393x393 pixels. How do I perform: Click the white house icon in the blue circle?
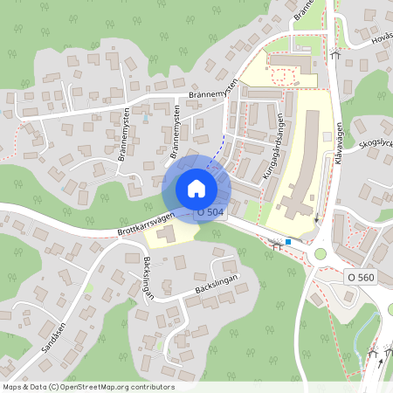196,189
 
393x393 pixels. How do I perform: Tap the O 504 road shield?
211,211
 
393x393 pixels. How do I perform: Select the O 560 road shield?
360,277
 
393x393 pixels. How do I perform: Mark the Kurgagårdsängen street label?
274,148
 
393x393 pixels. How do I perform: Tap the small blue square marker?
288,242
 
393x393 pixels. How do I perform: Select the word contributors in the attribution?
152,387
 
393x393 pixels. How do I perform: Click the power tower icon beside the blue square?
277,246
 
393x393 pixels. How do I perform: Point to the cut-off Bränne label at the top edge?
302,10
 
